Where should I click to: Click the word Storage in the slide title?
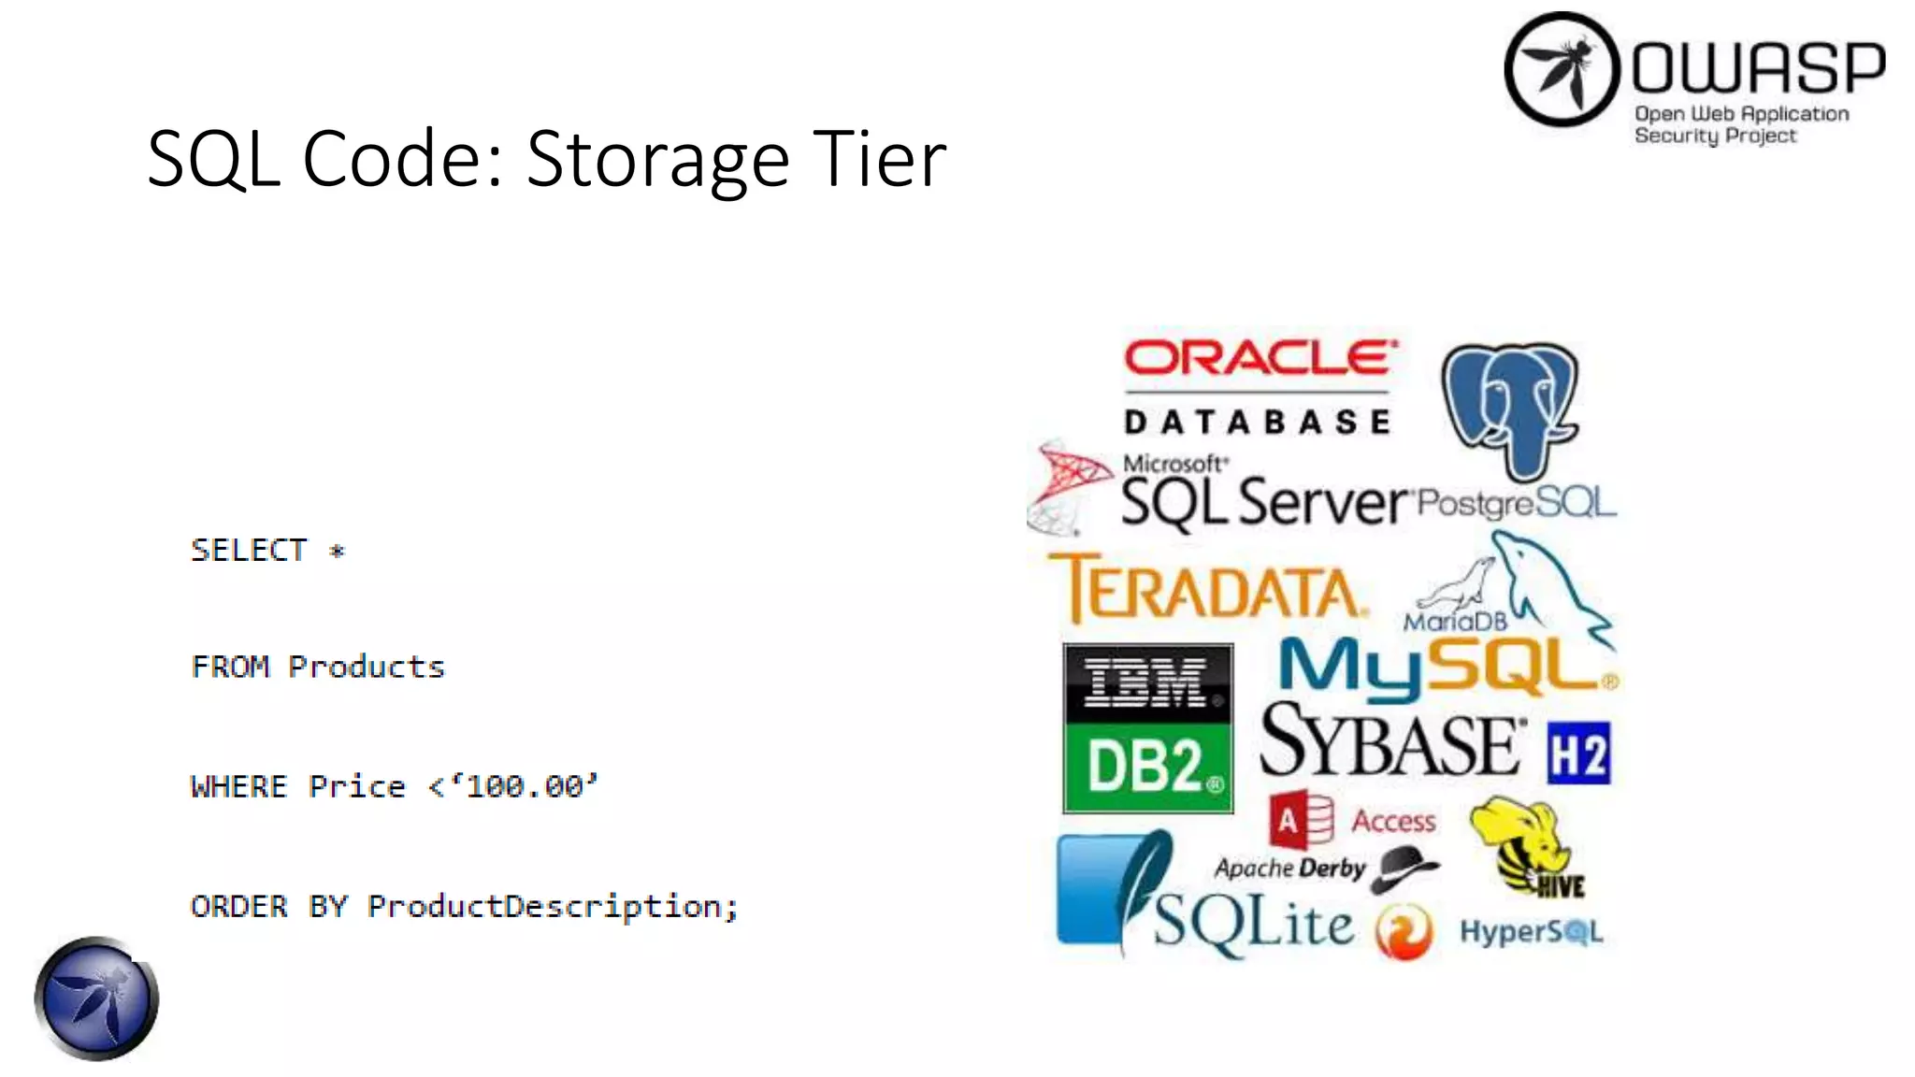(x=658, y=159)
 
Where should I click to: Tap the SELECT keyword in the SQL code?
(x=249, y=550)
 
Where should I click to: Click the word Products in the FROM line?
(x=367, y=667)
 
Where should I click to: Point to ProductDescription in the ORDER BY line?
(x=544, y=905)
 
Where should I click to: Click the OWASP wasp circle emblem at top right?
(x=1561, y=69)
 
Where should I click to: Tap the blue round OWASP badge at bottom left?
(x=96, y=998)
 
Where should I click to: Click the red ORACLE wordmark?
(x=1260, y=358)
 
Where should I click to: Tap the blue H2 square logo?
(x=1578, y=753)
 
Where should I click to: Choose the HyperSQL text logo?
(x=1531, y=931)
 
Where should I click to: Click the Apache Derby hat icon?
(x=1405, y=867)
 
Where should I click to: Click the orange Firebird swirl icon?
(x=1403, y=931)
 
